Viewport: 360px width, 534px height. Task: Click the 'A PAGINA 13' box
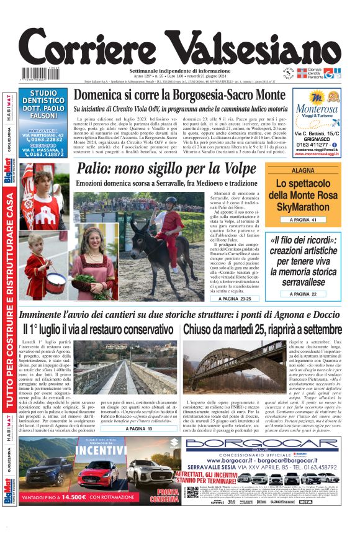click(x=142, y=428)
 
